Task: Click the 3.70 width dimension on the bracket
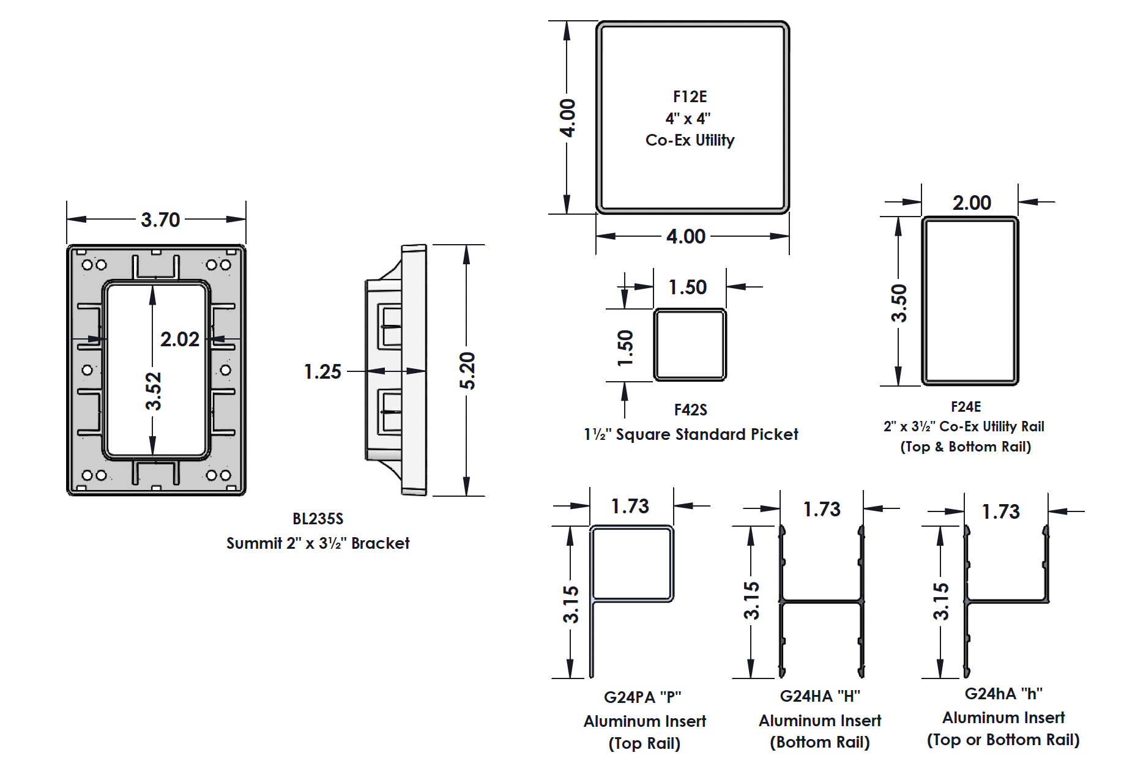pyautogui.click(x=160, y=220)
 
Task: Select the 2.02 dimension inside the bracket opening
pyautogui.click(x=179, y=339)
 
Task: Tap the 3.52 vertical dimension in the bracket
pyautogui.click(x=153, y=391)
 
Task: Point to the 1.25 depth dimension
pyautogui.click(x=322, y=371)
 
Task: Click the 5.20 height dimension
pyautogui.click(x=467, y=371)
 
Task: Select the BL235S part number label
pyautogui.click(x=318, y=519)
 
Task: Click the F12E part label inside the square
pyautogui.click(x=690, y=97)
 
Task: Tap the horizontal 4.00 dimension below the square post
pyautogui.click(x=686, y=236)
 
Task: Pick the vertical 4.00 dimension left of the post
pyautogui.click(x=567, y=117)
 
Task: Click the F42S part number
pyautogui.click(x=690, y=410)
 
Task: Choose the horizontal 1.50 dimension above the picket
pyautogui.click(x=687, y=287)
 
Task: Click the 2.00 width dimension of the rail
pyautogui.click(x=972, y=203)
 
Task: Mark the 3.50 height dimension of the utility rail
pyautogui.click(x=898, y=303)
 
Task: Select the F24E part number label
pyautogui.click(x=966, y=407)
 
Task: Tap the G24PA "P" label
pyautogui.click(x=642, y=697)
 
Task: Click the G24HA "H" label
pyautogui.click(x=820, y=696)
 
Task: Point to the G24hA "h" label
pyautogui.click(x=1003, y=694)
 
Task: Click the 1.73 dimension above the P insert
pyautogui.click(x=630, y=506)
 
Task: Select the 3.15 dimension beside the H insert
pyautogui.click(x=751, y=600)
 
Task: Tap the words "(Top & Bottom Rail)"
pyautogui.click(x=966, y=447)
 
